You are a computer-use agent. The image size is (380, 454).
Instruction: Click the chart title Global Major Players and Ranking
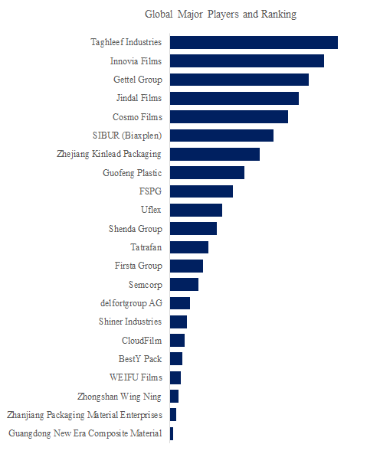click(x=221, y=15)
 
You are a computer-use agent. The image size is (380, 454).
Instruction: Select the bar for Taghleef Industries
click(x=254, y=43)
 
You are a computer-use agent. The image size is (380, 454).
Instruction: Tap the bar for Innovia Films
click(x=247, y=60)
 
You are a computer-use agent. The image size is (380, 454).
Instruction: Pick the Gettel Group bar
click(x=240, y=80)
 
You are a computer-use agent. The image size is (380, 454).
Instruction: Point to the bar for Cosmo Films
click(x=229, y=116)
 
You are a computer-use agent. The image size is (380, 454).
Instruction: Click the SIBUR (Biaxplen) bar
click(x=222, y=136)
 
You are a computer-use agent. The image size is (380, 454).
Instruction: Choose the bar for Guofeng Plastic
click(x=208, y=172)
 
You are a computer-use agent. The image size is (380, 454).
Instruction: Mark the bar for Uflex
click(x=196, y=210)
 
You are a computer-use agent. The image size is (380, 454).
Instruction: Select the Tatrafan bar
click(x=189, y=247)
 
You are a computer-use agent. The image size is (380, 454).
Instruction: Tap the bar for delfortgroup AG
click(x=180, y=303)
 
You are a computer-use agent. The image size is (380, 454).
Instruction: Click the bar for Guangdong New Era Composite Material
click(x=172, y=433)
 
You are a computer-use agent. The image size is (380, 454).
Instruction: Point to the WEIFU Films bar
click(x=175, y=378)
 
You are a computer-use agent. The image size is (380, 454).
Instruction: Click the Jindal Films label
click(x=139, y=98)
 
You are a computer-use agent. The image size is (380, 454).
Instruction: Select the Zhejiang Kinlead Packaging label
click(x=109, y=154)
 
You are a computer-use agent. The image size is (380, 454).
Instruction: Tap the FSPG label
click(x=150, y=191)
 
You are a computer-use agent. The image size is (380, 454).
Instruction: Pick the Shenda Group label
click(x=136, y=229)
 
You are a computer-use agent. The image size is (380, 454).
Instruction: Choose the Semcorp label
click(x=146, y=285)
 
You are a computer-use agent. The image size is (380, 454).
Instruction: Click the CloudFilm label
click(x=142, y=341)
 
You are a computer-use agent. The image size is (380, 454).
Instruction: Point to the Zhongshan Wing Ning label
click(x=120, y=397)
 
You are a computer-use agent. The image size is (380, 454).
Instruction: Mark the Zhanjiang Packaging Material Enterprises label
click(x=84, y=415)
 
